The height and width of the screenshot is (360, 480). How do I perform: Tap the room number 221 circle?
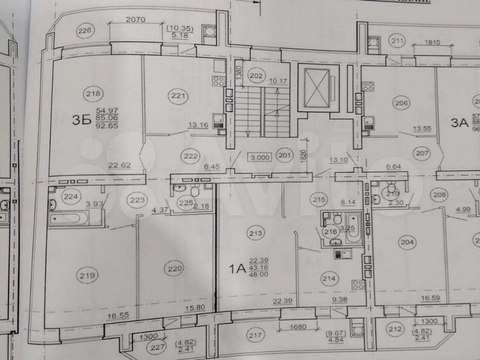(178, 96)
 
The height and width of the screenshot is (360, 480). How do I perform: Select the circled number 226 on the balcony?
(84, 30)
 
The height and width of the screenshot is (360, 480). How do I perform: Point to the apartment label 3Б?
(81, 121)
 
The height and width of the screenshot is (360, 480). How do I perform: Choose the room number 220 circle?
(175, 269)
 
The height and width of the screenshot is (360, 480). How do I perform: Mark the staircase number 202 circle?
(256, 75)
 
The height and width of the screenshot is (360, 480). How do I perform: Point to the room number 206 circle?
(401, 103)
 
